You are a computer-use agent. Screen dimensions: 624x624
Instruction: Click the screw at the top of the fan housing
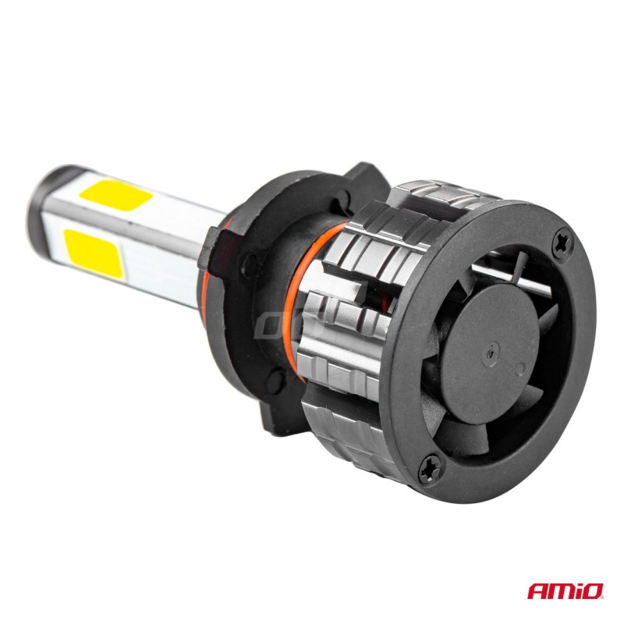pos(563,244)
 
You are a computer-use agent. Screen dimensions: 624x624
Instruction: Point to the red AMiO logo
pos(563,590)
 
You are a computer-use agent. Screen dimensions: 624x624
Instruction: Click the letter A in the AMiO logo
pos(539,590)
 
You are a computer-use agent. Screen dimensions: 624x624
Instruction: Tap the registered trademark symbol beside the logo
pos(602,598)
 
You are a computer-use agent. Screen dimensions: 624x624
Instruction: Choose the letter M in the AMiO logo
pos(561,590)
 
